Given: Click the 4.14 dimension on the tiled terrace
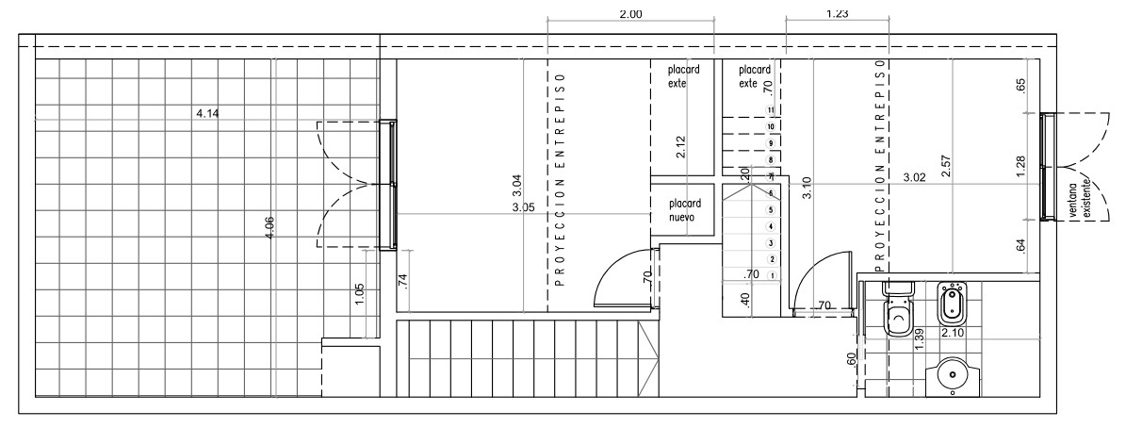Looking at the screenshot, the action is [x=206, y=113].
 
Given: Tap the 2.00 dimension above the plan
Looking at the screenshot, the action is [x=630, y=13].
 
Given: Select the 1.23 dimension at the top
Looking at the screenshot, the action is [x=838, y=13].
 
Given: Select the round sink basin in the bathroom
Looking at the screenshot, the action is [x=953, y=376].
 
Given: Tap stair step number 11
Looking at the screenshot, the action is [x=772, y=110].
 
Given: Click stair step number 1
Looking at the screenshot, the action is [x=772, y=275].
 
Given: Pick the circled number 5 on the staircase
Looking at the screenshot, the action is [x=772, y=209].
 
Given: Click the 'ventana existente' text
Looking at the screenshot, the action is [x=1079, y=200].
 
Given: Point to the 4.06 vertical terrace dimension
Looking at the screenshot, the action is [x=269, y=227].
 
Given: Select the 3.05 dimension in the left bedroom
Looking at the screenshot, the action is [x=523, y=208].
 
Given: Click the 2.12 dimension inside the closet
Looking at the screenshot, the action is [x=680, y=147].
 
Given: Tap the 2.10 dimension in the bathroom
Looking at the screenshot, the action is [x=953, y=333].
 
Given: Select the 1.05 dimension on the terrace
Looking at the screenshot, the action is [x=360, y=295].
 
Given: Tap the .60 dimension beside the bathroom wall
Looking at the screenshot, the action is [x=852, y=360].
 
